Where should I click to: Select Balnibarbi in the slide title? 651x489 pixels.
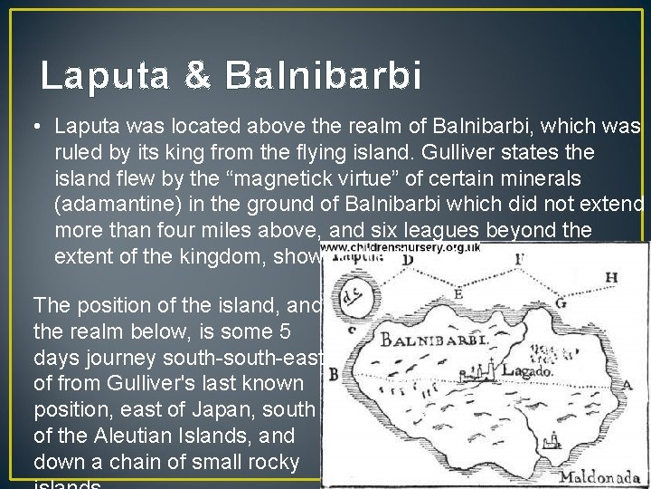(x=324, y=76)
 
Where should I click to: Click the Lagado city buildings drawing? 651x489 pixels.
(x=484, y=369)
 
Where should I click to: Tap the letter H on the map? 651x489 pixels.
(x=612, y=276)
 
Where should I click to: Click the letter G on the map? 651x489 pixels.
(x=561, y=302)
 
